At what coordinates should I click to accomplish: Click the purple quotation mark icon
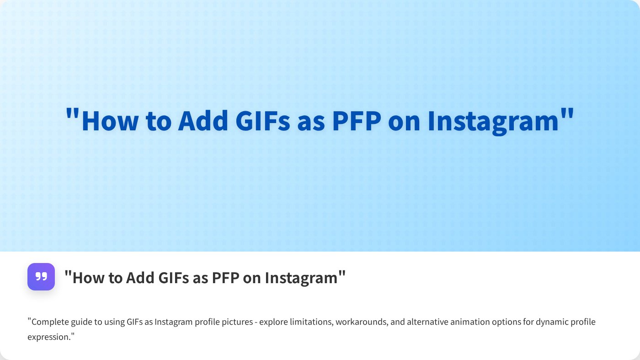(x=41, y=276)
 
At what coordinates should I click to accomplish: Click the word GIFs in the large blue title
(x=263, y=121)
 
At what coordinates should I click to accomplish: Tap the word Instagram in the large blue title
(x=493, y=122)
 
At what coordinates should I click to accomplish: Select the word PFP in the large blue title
(x=357, y=121)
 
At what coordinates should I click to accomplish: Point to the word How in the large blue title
(x=110, y=121)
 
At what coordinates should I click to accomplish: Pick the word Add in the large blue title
(x=203, y=121)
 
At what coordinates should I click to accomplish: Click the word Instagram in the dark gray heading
(x=301, y=278)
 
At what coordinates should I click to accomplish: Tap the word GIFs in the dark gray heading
(x=173, y=278)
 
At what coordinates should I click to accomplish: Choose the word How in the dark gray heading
(x=88, y=278)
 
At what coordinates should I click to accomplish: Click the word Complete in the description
(x=50, y=322)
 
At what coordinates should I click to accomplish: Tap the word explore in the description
(x=273, y=322)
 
